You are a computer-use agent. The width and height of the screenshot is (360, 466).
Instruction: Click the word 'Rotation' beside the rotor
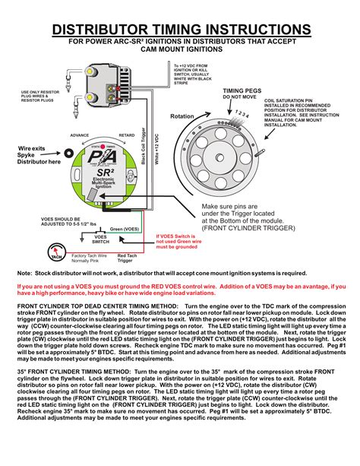[182, 116]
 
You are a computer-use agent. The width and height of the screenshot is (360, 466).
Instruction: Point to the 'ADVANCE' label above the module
[80, 135]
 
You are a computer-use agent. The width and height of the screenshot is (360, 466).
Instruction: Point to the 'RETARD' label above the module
[127, 135]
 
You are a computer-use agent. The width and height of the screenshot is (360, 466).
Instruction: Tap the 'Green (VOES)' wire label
[125, 229]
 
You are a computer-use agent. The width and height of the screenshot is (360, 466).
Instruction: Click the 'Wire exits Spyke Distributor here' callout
[22, 154]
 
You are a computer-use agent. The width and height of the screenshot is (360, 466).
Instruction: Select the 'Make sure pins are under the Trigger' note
[248, 217]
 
